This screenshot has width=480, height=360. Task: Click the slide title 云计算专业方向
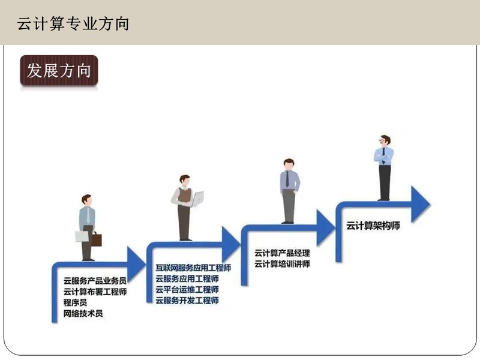[x=73, y=24]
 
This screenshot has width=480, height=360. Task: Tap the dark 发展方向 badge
[x=59, y=70]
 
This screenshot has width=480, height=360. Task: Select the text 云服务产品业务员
[x=95, y=280]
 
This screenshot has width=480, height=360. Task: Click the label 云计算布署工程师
[x=95, y=292]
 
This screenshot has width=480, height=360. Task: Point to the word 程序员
[x=76, y=302]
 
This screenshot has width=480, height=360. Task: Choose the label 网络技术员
[x=83, y=313]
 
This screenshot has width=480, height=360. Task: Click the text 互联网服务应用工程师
[x=193, y=268]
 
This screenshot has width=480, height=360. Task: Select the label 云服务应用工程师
[x=187, y=278]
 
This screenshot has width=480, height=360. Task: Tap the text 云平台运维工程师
[x=187, y=290]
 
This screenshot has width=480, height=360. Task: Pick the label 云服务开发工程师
[x=187, y=301]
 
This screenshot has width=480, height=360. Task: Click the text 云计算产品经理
[x=282, y=253]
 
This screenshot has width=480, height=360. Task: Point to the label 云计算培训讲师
[x=282, y=264]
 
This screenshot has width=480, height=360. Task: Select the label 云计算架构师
[x=373, y=226]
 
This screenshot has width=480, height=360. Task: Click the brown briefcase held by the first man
[x=97, y=239]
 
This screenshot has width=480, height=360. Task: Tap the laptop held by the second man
[x=197, y=199]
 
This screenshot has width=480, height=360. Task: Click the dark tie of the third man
[x=287, y=179]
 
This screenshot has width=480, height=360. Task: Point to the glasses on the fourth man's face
[x=382, y=141]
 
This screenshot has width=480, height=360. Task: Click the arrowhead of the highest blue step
[x=420, y=204]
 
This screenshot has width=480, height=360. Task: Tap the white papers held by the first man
[x=82, y=236]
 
